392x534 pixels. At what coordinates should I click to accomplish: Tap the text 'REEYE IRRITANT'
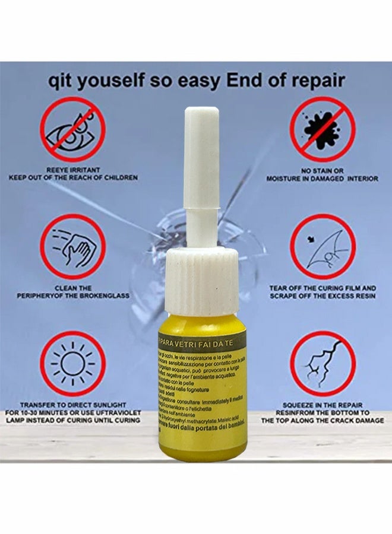(x=72, y=169)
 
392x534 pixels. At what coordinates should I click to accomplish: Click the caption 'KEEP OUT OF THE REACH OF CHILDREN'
(x=72, y=177)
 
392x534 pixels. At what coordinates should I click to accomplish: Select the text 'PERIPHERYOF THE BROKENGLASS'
(x=72, y=295)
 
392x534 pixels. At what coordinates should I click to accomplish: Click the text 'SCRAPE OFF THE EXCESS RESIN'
(x=323, y=295)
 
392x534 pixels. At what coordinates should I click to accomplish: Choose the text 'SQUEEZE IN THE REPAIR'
(x=323, y=403)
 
